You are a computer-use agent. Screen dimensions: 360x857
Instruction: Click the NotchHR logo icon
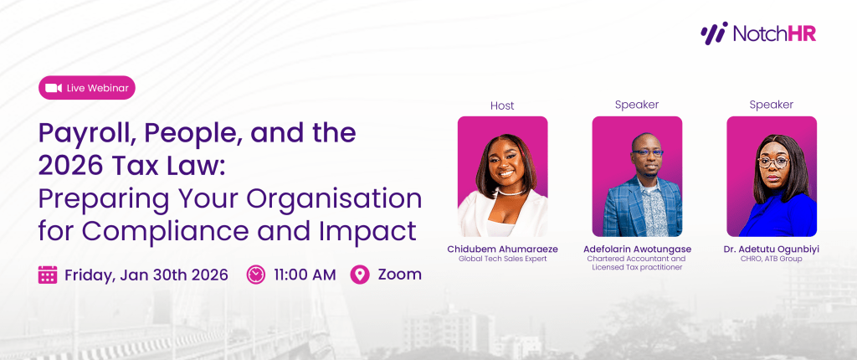tap(713, 33)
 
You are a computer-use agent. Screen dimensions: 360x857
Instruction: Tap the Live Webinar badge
tap(86, 88)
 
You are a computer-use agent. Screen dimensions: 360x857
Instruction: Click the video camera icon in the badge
tap(54, 88)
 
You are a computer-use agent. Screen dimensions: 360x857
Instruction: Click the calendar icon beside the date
tap(48, 275)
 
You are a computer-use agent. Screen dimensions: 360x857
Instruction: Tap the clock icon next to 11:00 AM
tap(256, 275)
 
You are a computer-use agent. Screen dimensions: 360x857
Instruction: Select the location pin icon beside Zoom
tap(359, 275)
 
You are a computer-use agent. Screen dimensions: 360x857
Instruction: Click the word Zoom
tap(400, 275)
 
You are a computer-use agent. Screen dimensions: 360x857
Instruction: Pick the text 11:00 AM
tap(305, 275)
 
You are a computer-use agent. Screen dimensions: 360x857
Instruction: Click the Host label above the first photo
tap(502, 105)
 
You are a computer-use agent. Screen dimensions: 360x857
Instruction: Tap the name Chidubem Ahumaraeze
tap(502, 249)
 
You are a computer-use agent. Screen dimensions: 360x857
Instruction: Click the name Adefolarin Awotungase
tap(637, 249)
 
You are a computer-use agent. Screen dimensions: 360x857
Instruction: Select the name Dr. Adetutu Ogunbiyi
tap(772, 249)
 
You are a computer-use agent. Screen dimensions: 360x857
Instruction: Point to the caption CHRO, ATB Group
tap(772, 259)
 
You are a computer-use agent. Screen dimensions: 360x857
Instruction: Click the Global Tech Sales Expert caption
tap(502, 259)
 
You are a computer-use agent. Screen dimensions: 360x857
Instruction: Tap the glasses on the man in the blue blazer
tap(638, 153)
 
